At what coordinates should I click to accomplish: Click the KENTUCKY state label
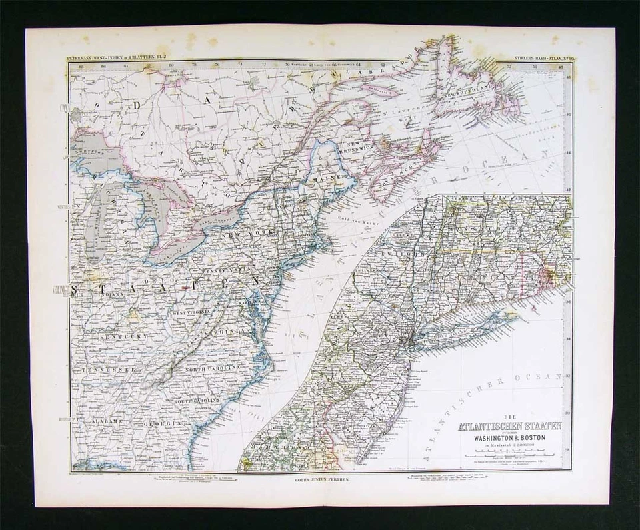pyautogui.click(x=122, y=337)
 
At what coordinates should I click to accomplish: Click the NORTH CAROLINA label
pyautogui.click(x=212, y=369)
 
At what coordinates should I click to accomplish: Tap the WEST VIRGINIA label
pyautogui.click(x=191, y=312)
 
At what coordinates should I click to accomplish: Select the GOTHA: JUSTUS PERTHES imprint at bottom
pyautogui.click(x=320, y=479)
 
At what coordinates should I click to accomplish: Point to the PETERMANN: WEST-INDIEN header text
pyautogui.click(x=117, y=60)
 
